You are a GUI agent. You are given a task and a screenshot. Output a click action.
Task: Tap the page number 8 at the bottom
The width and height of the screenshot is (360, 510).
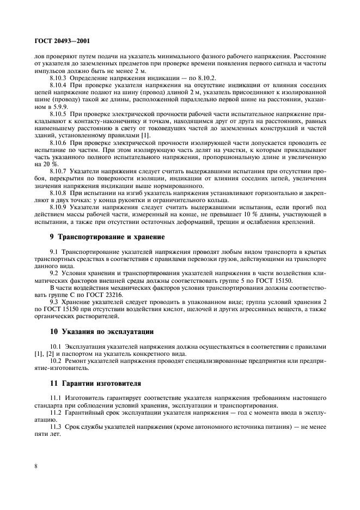35,466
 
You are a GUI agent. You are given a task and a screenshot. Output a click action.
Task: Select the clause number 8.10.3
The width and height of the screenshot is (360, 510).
58,78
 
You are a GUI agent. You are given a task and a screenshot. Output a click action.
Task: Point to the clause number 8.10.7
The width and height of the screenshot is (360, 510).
58,171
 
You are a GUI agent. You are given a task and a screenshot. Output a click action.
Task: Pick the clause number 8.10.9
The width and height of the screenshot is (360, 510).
58,207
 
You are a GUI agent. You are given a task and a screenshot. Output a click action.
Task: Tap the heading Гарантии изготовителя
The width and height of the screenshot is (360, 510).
95,383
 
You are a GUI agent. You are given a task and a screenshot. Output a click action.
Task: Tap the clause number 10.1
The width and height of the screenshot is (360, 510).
56,347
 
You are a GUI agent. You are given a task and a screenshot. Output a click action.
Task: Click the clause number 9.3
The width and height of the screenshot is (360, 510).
54,301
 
